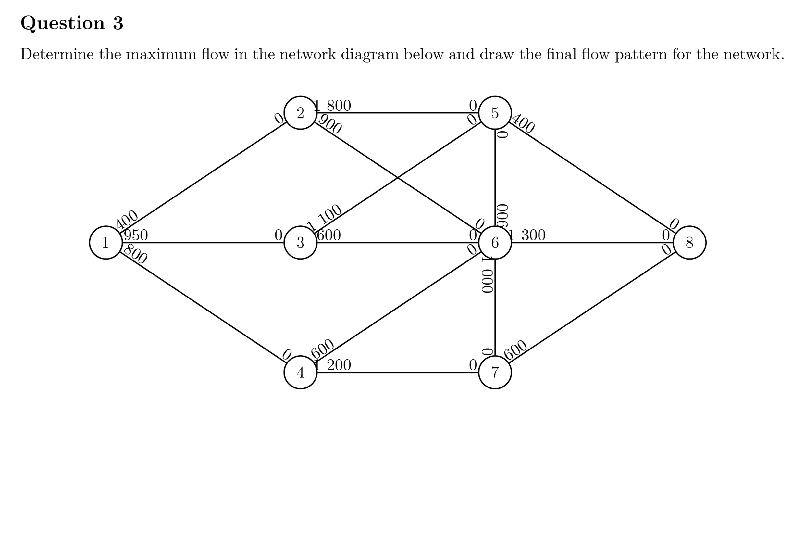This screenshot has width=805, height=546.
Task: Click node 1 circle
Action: click(x=105, y=242)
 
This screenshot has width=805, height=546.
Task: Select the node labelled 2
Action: click(x=300, y=113)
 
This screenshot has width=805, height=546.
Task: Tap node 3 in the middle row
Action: click(x=300, y=242)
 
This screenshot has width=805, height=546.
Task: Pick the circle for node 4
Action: click(x=300, y=372)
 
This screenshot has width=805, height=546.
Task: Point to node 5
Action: click(x=495, y=113)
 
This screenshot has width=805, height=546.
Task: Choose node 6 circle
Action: click(x=495, y=242)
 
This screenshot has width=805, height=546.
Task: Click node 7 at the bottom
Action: click(x=495, y=372)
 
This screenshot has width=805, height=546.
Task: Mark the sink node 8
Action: click(x=689, y=242)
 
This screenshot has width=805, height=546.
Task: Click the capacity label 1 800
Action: click(x=332, y=105)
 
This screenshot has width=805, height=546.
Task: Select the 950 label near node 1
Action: click(x=136, y=235)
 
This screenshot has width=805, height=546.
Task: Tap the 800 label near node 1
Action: click(x=135, y=254)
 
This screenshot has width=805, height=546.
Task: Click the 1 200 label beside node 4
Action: click(x=332, y=365)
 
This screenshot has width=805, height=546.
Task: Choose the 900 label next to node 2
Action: click(x=330, y=124)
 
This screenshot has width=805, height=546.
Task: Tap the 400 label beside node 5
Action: click(x=523, y=123)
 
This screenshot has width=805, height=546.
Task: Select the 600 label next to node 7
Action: click(x=515, y=350)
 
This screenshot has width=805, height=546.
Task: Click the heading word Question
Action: click(x=63, y=23)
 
